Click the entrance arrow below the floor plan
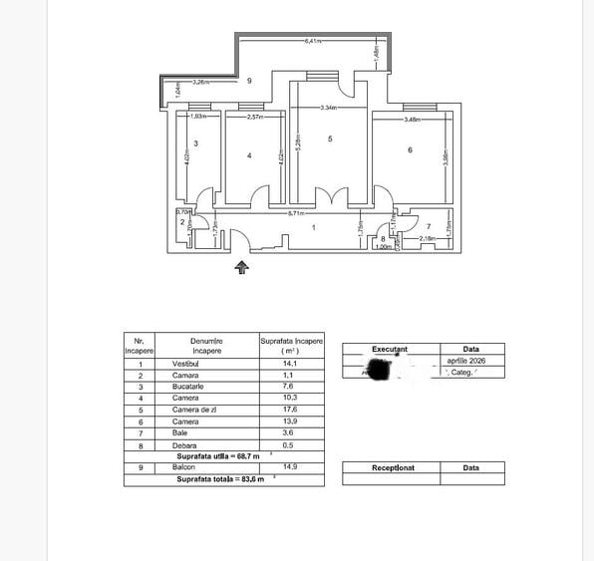[x=241, y=266]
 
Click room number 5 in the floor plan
[x=329, y=140]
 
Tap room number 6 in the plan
[x=411, y=149]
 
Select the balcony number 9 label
[x=249, y=80]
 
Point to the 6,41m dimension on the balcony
[x=314, y=42]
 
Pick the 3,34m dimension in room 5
[x=331, y=108]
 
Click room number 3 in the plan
[x=195, y=143]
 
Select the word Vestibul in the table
[x=207, y=364]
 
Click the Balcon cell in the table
[x=207, y=466]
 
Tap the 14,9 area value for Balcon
[x=292, y=466]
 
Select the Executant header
[x=390, y=350]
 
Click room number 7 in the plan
[x=429, y=227]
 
